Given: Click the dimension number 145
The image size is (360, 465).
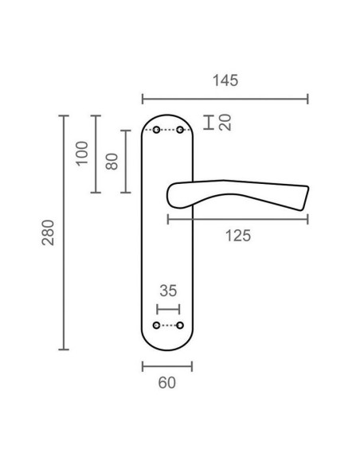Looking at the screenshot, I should point(225,80).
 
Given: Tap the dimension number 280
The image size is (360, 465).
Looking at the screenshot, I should point(49,232).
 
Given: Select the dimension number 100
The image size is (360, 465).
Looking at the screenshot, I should point(81,153).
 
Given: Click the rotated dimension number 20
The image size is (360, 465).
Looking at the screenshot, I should point(225,122).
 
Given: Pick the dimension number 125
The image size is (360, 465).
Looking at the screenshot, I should point(238,235).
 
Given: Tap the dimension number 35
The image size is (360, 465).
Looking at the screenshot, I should point(167,291).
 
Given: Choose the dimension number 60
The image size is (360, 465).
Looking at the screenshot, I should point(166,382).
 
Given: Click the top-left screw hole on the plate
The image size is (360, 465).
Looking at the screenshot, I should point(156,130).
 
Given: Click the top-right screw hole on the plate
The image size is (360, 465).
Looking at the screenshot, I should point(180,130).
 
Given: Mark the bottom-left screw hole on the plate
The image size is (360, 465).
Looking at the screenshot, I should point(156,326).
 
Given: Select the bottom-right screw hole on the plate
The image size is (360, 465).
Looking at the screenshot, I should point(180,326).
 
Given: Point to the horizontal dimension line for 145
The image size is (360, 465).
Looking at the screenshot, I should point(225,100).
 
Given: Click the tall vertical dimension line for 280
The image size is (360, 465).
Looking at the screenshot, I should point(65,232).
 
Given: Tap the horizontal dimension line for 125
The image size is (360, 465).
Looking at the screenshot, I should point(238,217).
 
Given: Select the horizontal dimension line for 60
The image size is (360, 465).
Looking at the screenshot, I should point(166,366).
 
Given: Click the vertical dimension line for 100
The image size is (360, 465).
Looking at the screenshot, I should point(95,154).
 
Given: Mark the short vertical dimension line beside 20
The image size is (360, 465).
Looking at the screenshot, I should point(208,122).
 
